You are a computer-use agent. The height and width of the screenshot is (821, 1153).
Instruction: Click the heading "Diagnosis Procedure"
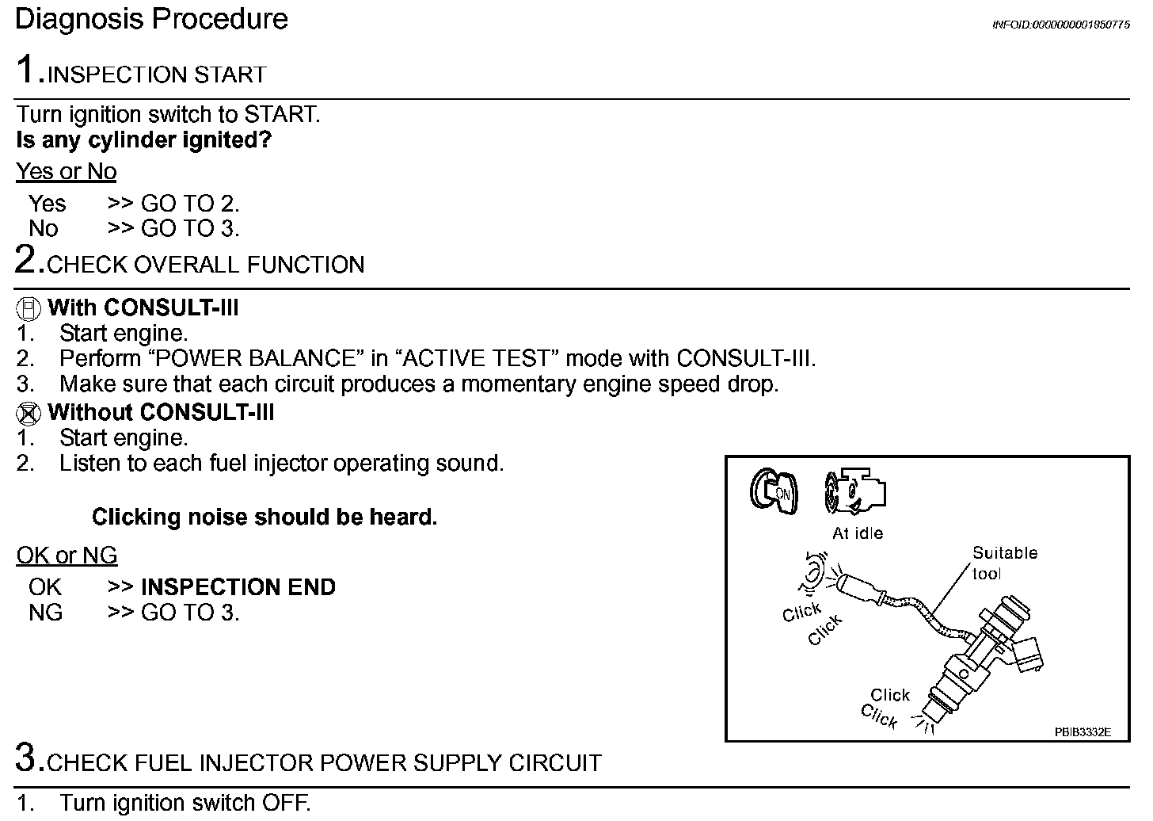151,19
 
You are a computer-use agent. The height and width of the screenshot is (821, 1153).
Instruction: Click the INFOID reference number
1060,25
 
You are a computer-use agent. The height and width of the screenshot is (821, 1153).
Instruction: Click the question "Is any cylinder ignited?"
143,140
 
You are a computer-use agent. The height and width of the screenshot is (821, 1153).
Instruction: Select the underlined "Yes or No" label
66,171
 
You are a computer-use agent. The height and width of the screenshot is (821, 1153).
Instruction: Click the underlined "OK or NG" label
67,556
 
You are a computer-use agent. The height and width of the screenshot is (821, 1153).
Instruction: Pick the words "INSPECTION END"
238,587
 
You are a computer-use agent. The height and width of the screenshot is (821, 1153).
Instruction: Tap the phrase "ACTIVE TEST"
481,358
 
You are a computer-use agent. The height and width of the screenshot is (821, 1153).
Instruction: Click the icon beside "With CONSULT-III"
29,307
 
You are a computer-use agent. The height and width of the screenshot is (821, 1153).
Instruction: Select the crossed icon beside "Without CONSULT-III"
29,413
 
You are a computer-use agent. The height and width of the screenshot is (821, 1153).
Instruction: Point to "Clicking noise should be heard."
264,517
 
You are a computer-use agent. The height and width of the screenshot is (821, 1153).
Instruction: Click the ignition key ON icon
774,491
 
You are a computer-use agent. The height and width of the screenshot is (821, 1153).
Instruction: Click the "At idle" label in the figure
857,533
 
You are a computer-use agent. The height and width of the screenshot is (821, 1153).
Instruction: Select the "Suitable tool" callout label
1004,563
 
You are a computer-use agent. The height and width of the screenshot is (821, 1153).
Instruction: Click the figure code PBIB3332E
1082,732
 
